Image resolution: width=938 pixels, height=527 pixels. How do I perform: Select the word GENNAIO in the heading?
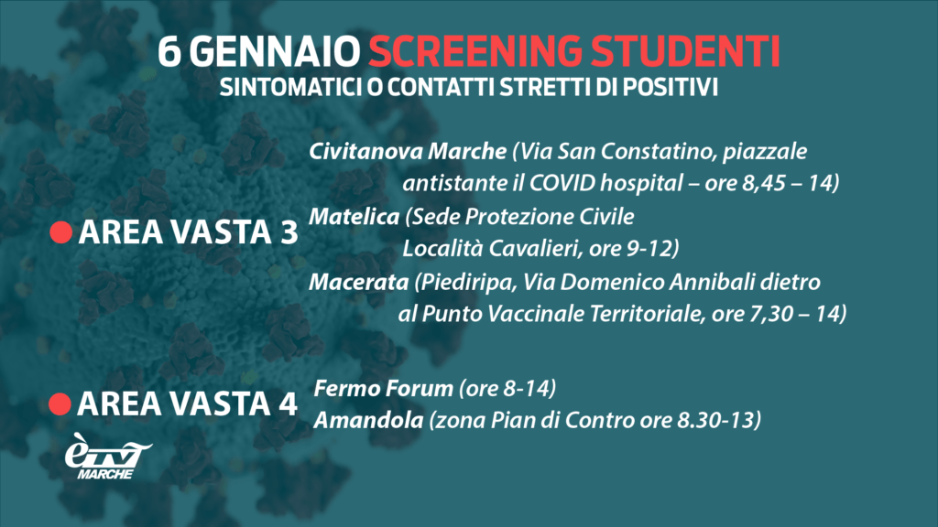pos(278,51)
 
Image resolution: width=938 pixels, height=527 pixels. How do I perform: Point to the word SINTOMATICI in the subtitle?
pos(290,87)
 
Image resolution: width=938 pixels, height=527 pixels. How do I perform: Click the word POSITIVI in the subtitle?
pos(670,87)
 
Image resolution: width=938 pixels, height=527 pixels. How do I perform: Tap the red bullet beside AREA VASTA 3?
pos(61,231)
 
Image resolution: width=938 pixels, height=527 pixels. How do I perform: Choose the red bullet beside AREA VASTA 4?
pos(60,403)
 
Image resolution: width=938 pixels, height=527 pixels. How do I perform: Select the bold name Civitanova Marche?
pos(408,151)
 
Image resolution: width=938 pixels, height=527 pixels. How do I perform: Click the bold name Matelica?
pos(354,216)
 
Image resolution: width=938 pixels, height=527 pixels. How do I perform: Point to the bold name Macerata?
pos(358,282)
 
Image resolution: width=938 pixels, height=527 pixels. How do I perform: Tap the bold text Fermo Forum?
pos(383,388)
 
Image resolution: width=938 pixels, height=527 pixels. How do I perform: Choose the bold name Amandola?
pos(368,420)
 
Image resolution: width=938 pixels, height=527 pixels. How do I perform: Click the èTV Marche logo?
pos(108,456)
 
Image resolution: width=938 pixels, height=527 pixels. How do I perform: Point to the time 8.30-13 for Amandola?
pos(716,420)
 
